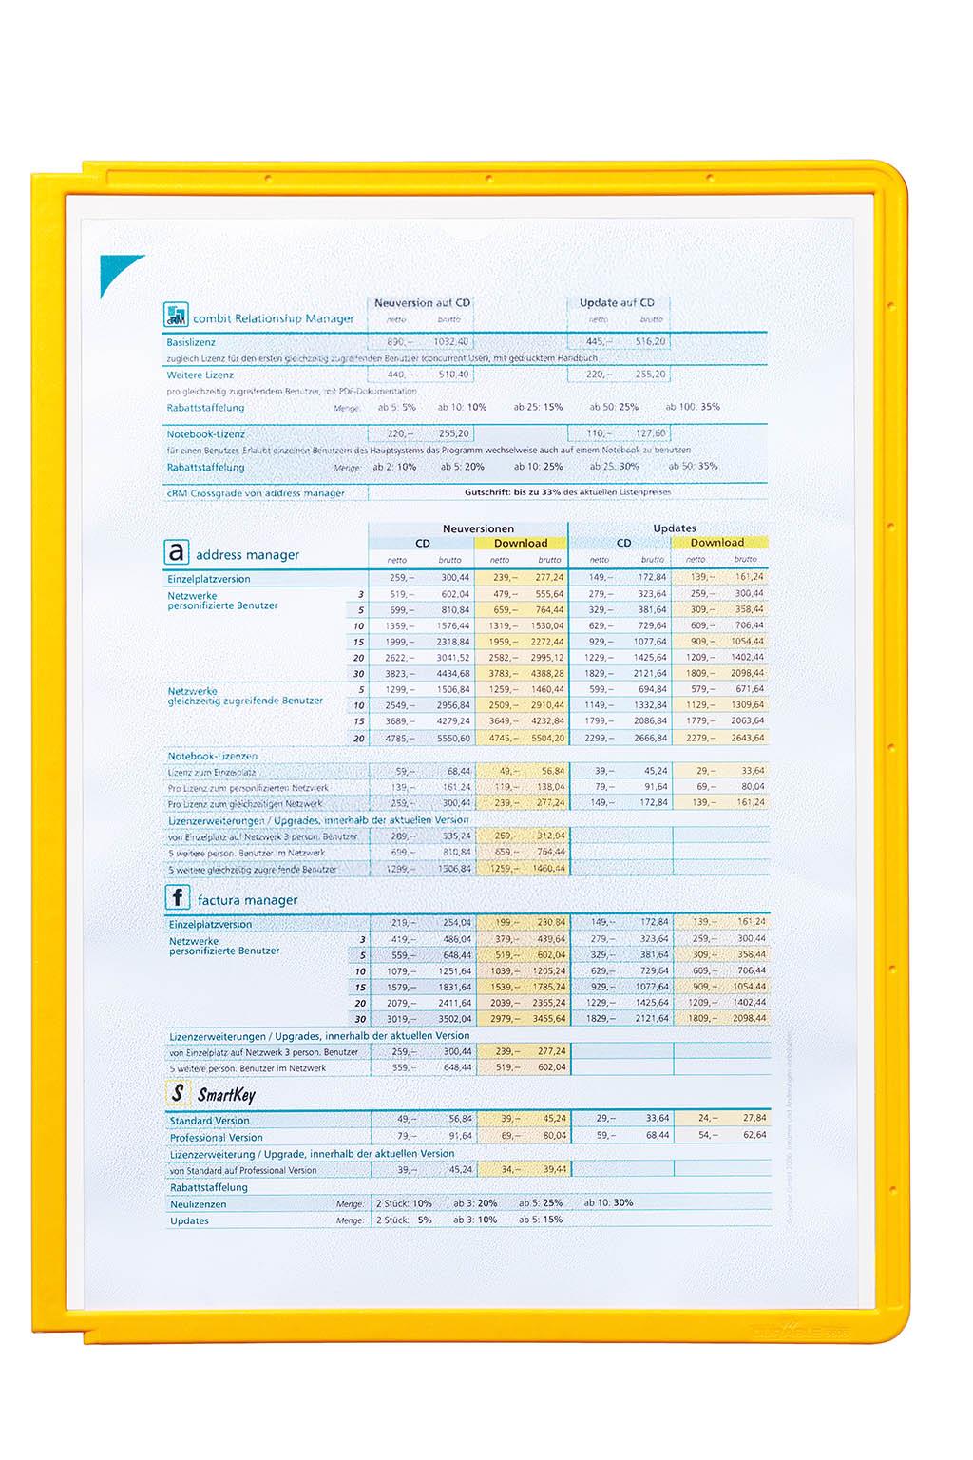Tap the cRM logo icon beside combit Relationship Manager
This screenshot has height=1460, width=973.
tap(176, 315)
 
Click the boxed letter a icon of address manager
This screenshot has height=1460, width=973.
tap(177, 552)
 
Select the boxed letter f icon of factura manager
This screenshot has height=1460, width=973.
tap(178, 897)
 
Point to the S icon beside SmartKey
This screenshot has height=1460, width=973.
tap(178, 1093)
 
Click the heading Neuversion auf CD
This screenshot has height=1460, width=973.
tap(422, 303)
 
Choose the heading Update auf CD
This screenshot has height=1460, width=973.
tap(617, 303)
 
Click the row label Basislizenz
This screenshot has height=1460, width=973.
tap(191, 342)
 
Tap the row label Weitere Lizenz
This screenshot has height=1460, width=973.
tap(200, 375)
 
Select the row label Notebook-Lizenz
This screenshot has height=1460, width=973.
tap(206, 434)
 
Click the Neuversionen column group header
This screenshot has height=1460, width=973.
tap(478, 528)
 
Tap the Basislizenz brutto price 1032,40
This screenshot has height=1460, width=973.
tap(450, 342)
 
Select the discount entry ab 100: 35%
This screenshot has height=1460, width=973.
tap(693, 407)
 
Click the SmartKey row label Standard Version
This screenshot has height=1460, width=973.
tap(210, 1122)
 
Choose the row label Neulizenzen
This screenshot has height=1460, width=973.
tap(199, 1204)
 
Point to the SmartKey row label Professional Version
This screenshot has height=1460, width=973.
tap(217, 1138)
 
